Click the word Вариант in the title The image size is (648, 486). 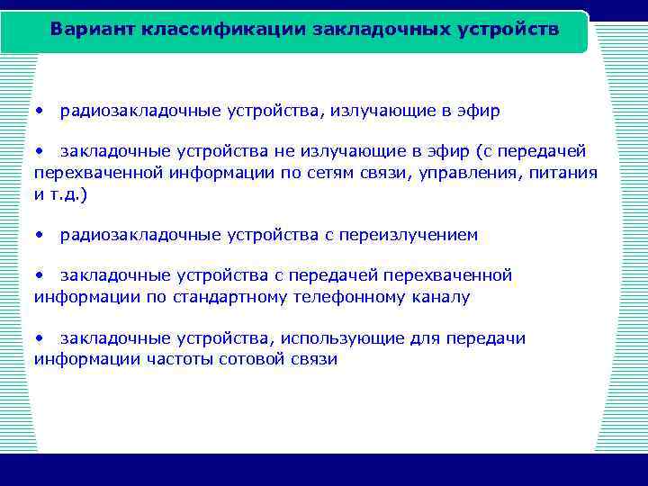pos(87,29)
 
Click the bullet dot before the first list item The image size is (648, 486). pos(40,112)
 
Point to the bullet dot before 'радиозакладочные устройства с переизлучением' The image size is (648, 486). pos(40,236)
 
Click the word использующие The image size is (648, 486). pos(337,339)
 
